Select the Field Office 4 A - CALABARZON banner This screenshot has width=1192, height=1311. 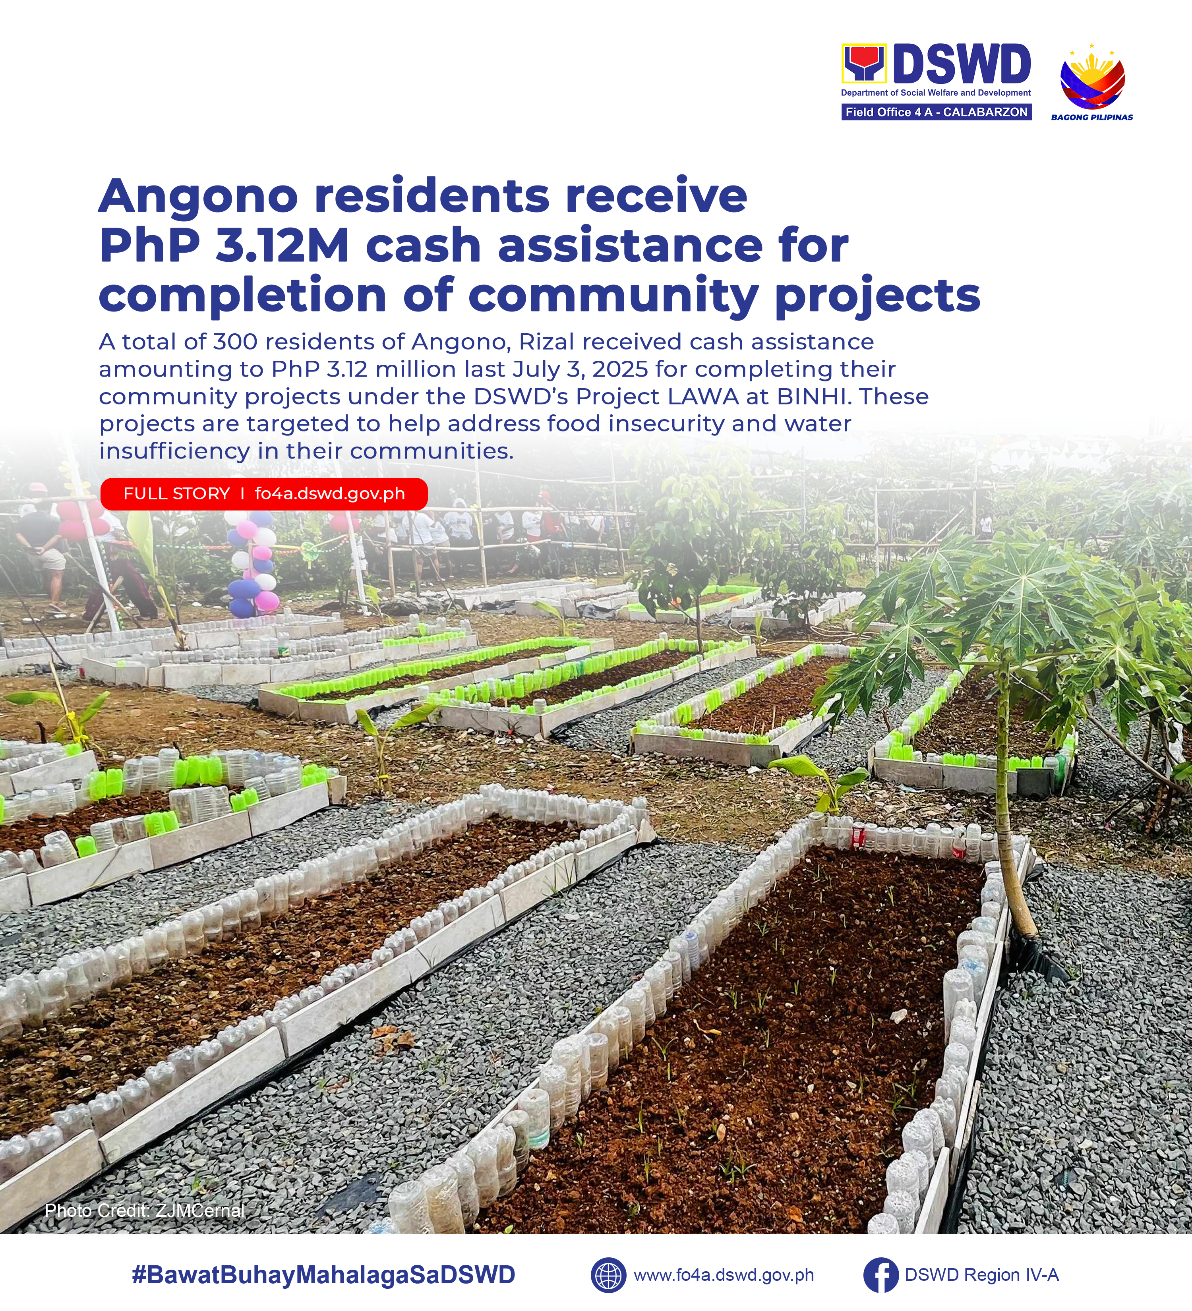click(x=937, y=112)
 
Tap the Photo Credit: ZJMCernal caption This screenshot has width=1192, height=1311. click(x=144, y=1210)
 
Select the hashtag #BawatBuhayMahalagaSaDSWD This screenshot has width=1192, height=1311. click(x=323, y=1274)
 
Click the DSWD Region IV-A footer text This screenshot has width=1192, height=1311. click(x=981, y=1274)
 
